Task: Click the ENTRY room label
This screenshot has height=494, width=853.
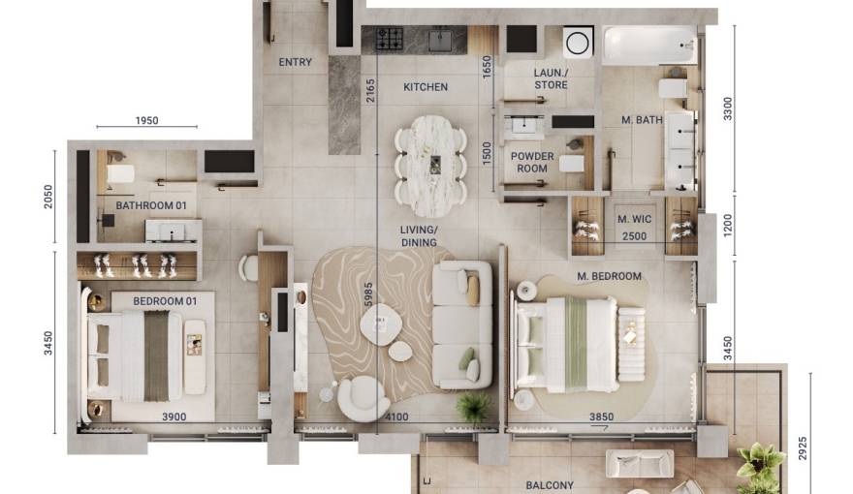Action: (296, 63)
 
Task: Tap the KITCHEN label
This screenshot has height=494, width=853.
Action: (426, 87)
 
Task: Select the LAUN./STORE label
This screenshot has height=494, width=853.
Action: (551, 79)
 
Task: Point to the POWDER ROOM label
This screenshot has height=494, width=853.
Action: (532, 162)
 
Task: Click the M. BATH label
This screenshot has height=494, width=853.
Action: (641, 120)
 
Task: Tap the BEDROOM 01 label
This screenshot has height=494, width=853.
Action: (165, 301)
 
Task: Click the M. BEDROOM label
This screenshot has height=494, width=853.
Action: (609, 276)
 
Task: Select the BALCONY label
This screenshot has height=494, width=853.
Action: (550, 485)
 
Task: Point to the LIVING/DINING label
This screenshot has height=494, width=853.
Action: (420, 236)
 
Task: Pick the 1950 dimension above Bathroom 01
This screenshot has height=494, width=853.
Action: (147, 121)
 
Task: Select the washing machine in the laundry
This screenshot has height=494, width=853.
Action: (578, 43)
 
